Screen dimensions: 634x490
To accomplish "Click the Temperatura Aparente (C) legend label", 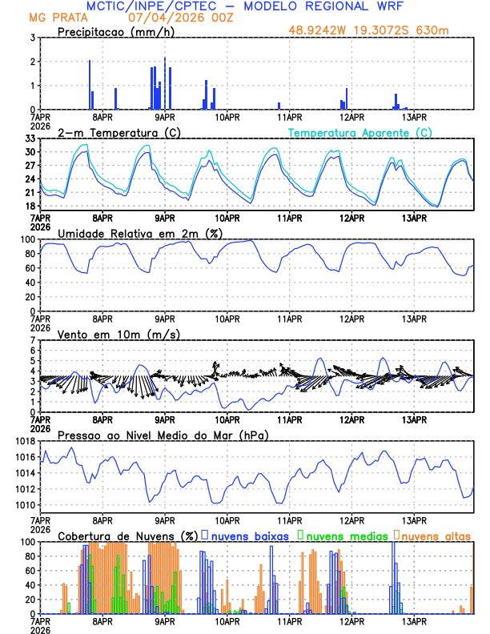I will [360, 132].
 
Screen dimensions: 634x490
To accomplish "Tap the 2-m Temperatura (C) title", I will [118, 132].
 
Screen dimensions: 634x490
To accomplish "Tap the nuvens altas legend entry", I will [436, 536].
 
